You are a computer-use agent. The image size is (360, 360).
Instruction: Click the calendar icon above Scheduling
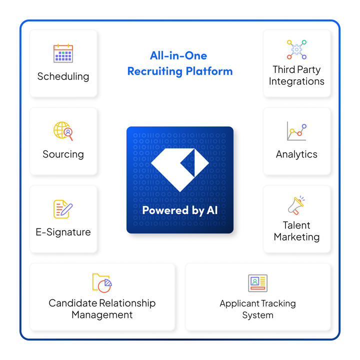click(63, 53)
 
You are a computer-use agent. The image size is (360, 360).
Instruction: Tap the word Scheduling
click(63, 76)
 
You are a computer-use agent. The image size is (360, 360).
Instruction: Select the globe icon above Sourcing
click(63, 131)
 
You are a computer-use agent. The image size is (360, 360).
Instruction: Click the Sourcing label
click(63, 154)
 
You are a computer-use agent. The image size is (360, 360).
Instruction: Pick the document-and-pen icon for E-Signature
click(63, 209)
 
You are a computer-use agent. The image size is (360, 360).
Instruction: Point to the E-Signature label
click(63, 232)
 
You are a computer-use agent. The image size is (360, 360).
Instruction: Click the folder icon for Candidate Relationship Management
click(102, 282)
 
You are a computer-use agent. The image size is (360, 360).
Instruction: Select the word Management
click(102, 315)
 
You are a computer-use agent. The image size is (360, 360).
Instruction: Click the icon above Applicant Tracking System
click(258, 283)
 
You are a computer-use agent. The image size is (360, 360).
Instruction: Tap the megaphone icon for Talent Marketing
click(296, 205)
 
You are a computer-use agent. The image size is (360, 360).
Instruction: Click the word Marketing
click(296, 237)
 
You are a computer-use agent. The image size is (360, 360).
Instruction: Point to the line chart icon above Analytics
click(296, 131)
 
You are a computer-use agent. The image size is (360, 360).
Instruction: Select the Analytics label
click(296, 154)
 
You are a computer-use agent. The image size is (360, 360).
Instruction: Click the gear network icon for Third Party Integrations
click(296, 50)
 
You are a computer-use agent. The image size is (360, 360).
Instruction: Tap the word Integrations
click(296, 81)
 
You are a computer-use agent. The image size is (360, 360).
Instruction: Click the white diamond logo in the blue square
click(180, 169)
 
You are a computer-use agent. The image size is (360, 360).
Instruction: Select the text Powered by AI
click(180, 210)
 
